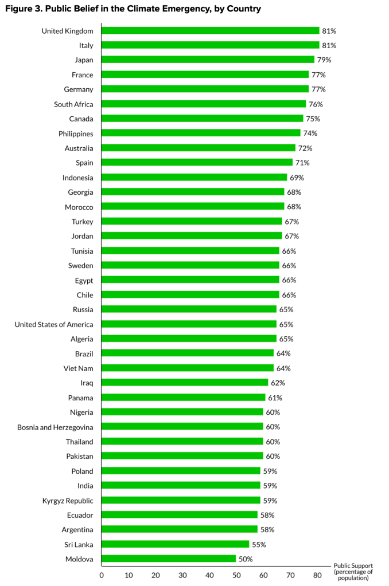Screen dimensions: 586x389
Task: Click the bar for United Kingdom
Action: tap(210, 30)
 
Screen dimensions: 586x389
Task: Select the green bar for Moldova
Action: tap(169, 559)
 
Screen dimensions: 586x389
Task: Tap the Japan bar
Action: tap(208, 60)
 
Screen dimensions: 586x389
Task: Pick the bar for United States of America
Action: tap(189, 324)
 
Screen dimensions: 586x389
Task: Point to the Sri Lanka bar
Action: tap(175, 544)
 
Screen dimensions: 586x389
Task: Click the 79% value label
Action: tap(324, 60)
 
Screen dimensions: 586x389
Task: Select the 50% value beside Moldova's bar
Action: tap(246, 559)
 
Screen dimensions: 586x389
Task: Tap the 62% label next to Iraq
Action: tap(278, 383)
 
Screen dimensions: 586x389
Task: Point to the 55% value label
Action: tap(259, 544)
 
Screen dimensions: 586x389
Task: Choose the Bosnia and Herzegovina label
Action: tap(55, 427)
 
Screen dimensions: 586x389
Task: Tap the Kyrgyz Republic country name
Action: tap(68, 500)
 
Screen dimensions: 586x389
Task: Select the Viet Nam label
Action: tap(78, 368)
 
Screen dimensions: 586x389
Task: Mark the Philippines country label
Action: tap(76, 133)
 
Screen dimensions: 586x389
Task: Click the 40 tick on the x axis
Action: tap(209, 575)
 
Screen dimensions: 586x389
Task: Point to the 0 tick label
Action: tap(102, 575)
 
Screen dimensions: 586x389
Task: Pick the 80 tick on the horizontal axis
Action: tap(317, 575)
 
